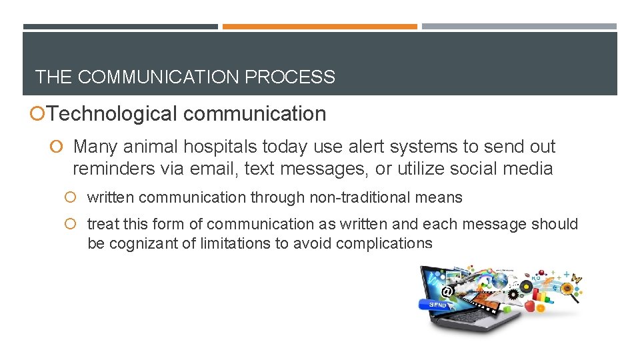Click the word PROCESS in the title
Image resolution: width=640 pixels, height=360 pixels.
[x=290, y=77]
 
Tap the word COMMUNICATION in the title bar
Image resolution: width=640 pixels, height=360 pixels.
[x=159, y=77]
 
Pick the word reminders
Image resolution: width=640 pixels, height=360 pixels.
[x=114, y=169]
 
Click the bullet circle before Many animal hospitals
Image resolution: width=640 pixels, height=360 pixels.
[x=60, y=147]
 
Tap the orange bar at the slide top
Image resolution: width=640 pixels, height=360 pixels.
[x=319, y=27]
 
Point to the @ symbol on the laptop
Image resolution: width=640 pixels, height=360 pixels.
[x=447, y=291]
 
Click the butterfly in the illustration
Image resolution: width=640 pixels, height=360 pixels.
[x=575, y=279]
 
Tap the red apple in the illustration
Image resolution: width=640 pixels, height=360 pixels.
[x=530, y=305]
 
